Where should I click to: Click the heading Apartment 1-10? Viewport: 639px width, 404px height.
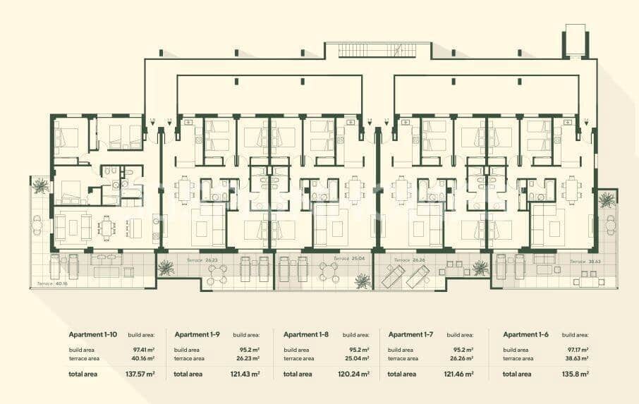93,334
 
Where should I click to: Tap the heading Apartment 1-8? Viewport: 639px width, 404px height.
306,334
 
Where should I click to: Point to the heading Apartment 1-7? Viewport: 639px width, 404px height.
411,334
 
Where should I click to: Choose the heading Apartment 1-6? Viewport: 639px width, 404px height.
525,334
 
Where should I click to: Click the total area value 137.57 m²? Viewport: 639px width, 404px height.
141,374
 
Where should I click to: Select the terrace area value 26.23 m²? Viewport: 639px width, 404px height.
248,358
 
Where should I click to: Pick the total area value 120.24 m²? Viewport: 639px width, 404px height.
355,374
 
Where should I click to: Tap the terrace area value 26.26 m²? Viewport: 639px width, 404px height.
461,358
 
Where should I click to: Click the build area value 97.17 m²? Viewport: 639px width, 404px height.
577,349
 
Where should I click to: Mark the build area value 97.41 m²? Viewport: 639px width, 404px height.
143,349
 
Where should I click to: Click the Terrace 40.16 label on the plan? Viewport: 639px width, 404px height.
50,285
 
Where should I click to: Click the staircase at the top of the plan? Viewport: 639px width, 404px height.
377,50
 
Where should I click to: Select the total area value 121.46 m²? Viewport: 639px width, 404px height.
460,374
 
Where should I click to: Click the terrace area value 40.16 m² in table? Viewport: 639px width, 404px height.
142,358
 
